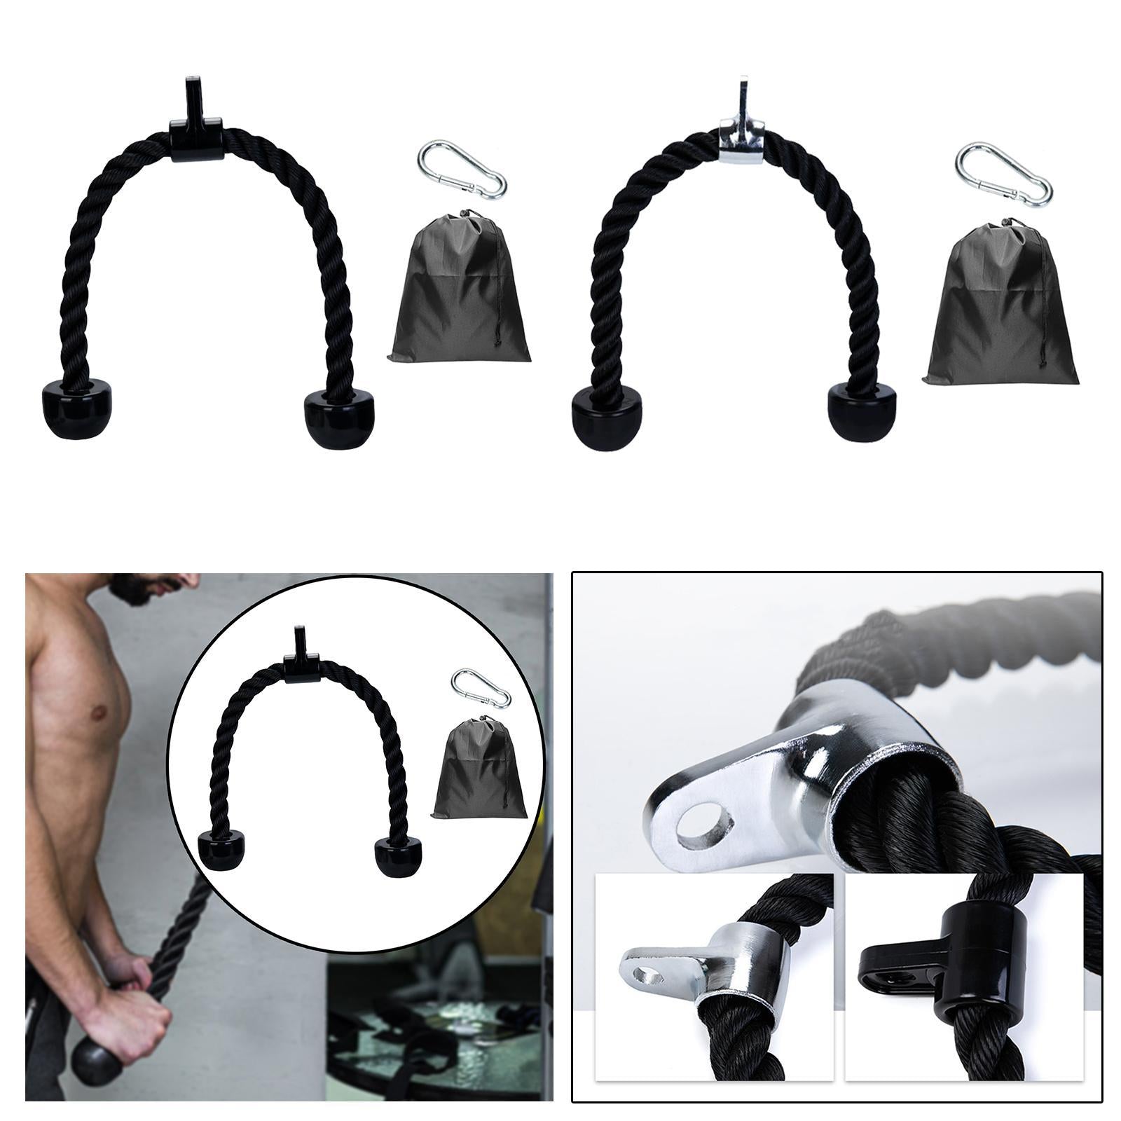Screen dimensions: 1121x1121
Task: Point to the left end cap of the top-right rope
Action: (x=605, y=420)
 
